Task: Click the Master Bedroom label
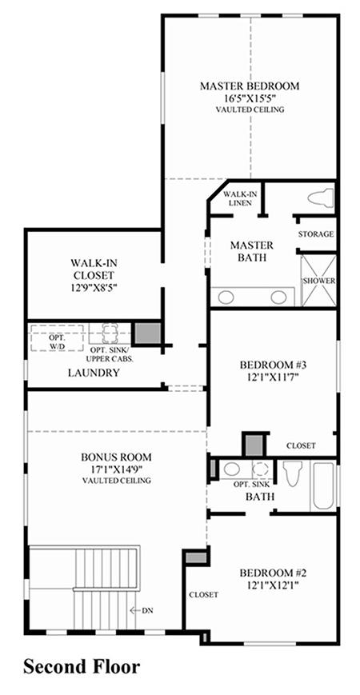pyautogui.click(x=249, y=86)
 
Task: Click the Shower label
pyautogui.click(x=318, y=281)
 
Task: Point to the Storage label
pyautogui.click(x=316, y=234)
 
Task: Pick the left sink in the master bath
pyautogui.click(x=226, y=297)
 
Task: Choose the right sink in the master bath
pyautogui.click(x=279, y=297)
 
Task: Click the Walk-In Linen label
pyautogui.click(x=238, y=198)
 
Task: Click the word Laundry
pyautogui.click(x=94, y=373)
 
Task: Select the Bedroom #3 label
pyautogui.click(x=274, y=365)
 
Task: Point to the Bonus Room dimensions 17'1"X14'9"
pyautogui.click(x=117, y=469)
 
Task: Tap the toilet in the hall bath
pyautogui.click(x=293, y=473)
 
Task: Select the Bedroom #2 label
pyautogui.click(x=274, y=573)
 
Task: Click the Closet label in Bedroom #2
pyautogui.click(x=203, y=595)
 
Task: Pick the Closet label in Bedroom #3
pyautogui.click(x=301, y=445)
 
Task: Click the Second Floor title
pyautogui.click(x=82, y=666)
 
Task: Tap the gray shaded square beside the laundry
pyautogui.click(x=147, y=334)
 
